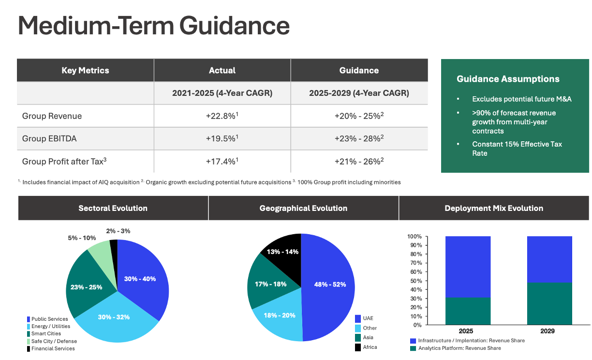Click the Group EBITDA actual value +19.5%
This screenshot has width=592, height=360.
point(222,138)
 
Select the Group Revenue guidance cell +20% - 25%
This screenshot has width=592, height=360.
point(359,116)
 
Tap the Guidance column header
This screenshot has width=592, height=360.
point(359,70)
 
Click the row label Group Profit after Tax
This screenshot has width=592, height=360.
point(64,161)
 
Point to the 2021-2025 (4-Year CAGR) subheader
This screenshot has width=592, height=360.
point(222,93)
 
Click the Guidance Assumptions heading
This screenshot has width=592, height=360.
point(508,79)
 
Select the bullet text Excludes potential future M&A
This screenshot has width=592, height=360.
point(522,99)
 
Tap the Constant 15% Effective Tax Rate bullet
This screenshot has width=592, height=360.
point(517,149)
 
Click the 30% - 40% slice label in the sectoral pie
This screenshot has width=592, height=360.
point(140,279)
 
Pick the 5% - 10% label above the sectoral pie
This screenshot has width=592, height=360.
point(81,238)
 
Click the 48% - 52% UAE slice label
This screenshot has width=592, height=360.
point(330,285)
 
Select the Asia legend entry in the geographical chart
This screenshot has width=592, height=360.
point(368,337)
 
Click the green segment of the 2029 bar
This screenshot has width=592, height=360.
point(549,303)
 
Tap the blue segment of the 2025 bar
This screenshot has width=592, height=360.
point(468,267)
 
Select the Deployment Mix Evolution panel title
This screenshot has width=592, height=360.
point(494,209)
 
